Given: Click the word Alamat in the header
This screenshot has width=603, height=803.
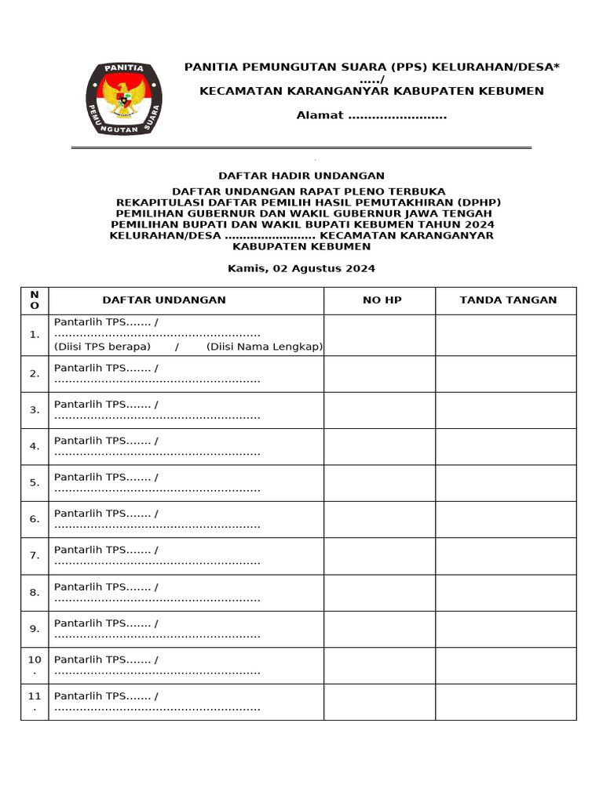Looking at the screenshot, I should pyautogui.click(x=320, y=116).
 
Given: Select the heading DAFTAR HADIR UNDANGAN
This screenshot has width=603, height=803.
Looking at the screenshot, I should pyautogui.click(x=301, y=176).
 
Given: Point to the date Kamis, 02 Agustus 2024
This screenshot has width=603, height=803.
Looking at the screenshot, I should pyautogui.click(x=301, y=268).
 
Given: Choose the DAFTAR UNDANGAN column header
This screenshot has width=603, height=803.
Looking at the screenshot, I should pyautogui.click(x=164, y=300).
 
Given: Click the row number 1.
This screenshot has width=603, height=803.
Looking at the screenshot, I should pyautogui.click(x=35, y=335).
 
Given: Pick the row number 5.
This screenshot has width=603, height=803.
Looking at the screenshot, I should pyautogui.click(x=35, y=483).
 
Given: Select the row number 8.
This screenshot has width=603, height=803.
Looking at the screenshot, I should pyautogui.click(x=35, y=593).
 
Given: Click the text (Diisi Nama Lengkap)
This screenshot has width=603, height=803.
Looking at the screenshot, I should pyautogui.click(x=265, y=347).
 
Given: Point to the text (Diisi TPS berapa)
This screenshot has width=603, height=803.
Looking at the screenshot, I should pyautogui.click(x=102, y=347).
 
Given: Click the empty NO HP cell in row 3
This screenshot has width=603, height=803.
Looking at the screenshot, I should pyautogui.click(x=379, y=410).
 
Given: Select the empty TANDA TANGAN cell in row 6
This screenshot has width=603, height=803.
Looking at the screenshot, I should pyautogui.click(x=506, y=519).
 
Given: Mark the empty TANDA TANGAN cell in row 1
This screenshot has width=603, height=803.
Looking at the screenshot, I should pyautogui.click(x=506, y=335).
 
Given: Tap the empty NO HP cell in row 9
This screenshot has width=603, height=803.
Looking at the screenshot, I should pyautogui.click(x=379, y=629).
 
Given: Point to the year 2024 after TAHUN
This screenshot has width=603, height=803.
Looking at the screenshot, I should pyautogui.click(x=479, y=224).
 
